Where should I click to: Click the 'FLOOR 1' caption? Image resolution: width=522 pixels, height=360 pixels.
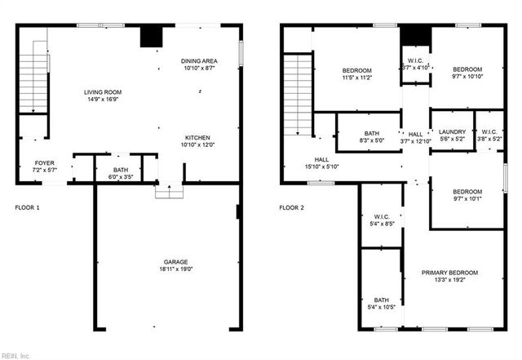click(27, 207)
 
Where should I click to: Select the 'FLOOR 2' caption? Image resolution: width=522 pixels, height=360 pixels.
click(291, 207)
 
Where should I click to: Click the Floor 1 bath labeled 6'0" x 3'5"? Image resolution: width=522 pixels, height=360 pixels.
click(121, 172)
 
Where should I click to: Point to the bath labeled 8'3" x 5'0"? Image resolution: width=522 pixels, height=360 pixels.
click(372, 137)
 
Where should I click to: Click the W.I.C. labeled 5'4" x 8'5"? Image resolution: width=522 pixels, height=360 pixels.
click(382, 220)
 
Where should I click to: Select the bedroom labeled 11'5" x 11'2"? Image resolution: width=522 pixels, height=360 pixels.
click(356, 73)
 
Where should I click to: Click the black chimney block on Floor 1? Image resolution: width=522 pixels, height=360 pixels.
click(150, 38)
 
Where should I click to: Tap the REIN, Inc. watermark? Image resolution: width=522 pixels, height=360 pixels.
click(15, 355)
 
